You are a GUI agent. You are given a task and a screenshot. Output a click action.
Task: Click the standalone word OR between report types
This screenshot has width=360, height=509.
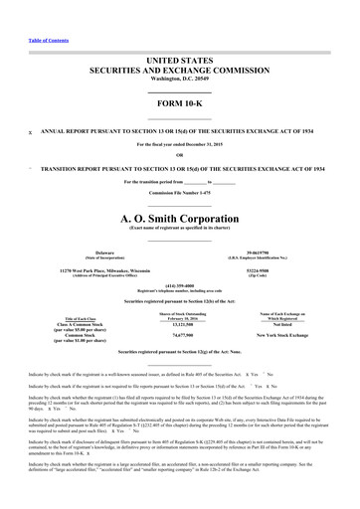tap(180, 154)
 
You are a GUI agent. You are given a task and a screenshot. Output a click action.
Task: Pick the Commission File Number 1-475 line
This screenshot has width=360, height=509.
tap(180, 193)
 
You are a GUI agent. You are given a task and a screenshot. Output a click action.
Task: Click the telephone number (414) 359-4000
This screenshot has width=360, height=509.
tap(180, 289)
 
